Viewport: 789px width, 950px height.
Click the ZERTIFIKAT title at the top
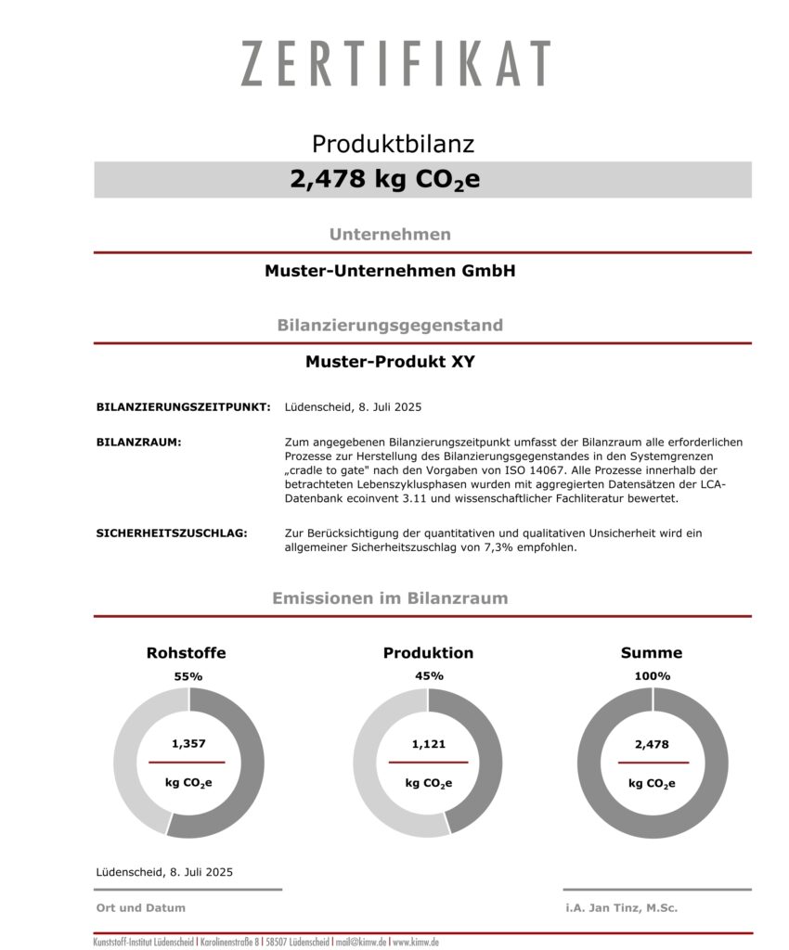click(395, 64)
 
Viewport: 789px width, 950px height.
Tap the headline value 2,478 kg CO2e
click(385, 179)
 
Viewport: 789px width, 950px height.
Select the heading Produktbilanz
click(393, 144)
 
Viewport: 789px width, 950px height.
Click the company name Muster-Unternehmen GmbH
click(390, 272)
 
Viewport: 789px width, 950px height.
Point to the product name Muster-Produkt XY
click(390, 362)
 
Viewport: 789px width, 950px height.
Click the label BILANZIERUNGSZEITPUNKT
click(183, 407)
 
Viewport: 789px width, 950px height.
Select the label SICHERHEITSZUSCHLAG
click(172, 533)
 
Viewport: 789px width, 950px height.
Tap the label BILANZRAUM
click(138, 443)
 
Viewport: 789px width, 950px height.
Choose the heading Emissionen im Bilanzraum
click(390, 598)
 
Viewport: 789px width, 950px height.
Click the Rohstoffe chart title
click(186, 653)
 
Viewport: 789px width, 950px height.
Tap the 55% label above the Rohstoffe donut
click(188, 676)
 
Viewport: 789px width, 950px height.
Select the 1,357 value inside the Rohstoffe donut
click(188, 743)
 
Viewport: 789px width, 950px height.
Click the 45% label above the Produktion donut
click(429, 675)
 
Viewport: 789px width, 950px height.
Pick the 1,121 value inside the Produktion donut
click(428, 743)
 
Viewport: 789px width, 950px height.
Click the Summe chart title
click(652, 653)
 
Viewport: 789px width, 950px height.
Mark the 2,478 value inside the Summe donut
click(652, 743)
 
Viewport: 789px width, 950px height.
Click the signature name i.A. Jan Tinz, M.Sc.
click(621, 908)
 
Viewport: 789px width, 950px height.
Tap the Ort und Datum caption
click(141, 908)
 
